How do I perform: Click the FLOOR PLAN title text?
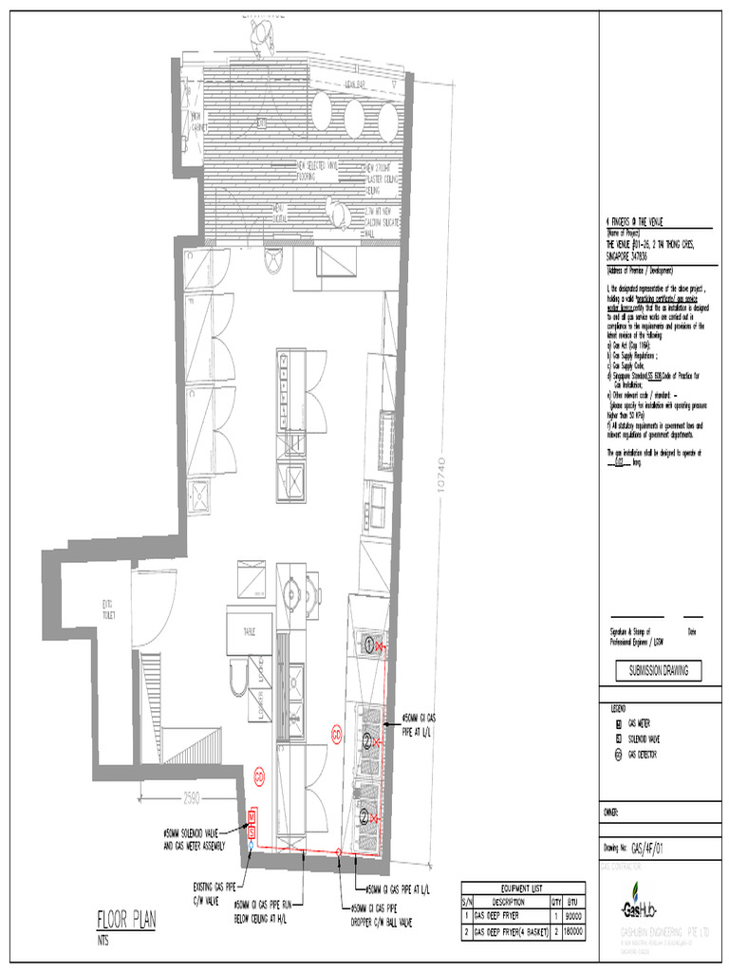126,919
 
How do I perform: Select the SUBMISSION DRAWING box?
657,671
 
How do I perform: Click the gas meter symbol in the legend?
617,722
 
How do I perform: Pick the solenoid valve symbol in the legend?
617,738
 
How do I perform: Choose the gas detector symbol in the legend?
617,755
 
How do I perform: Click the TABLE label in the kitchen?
250,630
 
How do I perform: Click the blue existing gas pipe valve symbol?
252,841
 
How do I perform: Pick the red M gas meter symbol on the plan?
252,815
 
